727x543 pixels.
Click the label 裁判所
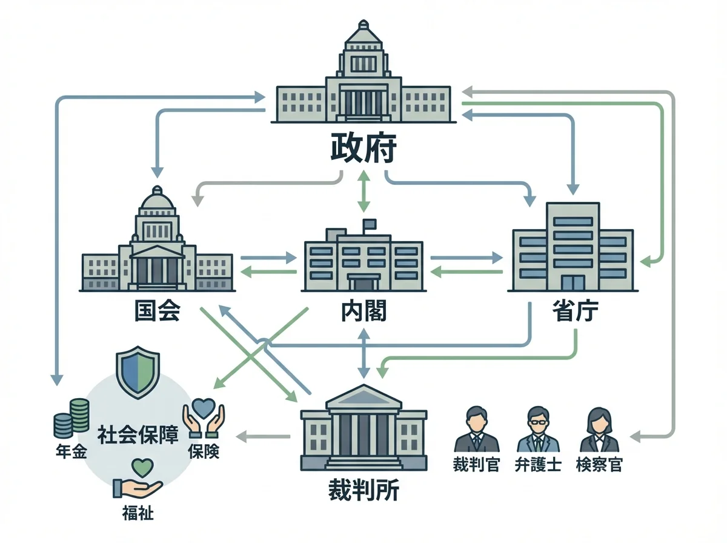click(363, 490)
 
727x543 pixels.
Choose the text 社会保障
click(138, 435)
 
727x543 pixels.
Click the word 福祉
click(138, 514)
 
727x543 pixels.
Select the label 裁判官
click(476, 465)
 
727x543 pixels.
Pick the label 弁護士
click(537, 465)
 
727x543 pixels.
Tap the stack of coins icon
click(71, 418)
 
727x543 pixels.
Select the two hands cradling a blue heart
click(204, 418)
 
